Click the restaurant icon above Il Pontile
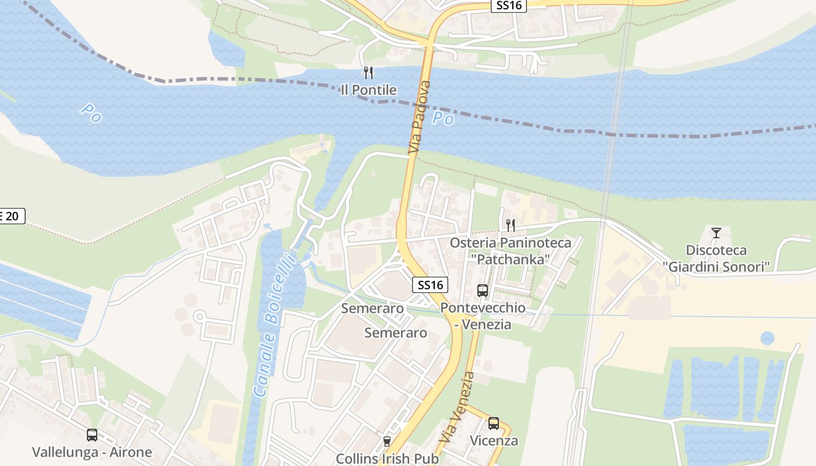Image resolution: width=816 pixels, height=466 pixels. [x=368, y=73]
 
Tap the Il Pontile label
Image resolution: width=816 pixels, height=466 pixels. [x=368, y=90]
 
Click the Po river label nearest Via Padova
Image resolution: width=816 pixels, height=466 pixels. [x=443, y=119]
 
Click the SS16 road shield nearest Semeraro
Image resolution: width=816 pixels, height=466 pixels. [x=431, y=285]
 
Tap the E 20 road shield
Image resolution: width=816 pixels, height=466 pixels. [x=10, y=216]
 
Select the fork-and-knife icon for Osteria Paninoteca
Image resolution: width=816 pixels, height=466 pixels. [x=511, y=225]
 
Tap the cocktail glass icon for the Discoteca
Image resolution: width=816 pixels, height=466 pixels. [x=716, y=233]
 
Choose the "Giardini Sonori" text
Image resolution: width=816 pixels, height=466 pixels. [x=716, y=266]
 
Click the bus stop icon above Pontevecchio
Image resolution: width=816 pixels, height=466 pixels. [x=483, y=290]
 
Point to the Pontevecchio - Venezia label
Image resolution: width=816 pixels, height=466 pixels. [x=483, y=316]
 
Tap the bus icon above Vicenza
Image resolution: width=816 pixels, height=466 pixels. [x=494, y=423]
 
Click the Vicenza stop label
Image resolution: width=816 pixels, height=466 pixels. [x=494, y=440]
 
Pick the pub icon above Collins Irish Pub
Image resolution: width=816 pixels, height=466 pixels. [x=386, y=442]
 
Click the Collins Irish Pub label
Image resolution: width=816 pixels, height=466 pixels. [x=386, y=458]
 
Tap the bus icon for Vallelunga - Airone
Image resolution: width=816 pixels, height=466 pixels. [x=92, y=435]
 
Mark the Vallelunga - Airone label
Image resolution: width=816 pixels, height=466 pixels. [x=92, y=452]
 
